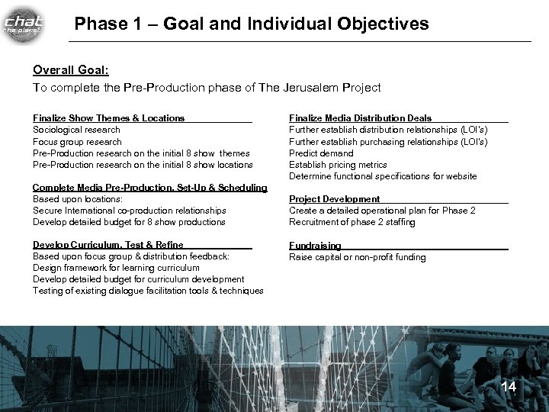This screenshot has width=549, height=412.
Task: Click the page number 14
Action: pos(509,387)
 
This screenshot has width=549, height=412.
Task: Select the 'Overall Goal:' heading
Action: pos(70,69)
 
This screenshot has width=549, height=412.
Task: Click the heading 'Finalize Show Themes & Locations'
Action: pos(108,118)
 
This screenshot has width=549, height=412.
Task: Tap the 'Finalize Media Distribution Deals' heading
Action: pos(360,118)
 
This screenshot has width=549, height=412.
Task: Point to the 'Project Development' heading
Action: pos(334,199)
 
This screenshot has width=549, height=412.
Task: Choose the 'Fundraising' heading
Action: pos(315,246)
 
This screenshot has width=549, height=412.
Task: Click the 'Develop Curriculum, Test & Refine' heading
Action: pos(108,245)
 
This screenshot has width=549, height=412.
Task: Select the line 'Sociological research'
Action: pos(76,130)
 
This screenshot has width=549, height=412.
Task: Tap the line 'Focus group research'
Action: pos(77,141)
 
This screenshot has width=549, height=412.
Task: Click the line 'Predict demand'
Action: pos(322,153)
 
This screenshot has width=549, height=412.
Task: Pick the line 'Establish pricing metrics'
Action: pos(338,165)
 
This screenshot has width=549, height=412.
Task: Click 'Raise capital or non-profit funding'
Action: pos(357,257)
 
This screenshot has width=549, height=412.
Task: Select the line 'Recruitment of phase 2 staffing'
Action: pos(352,222)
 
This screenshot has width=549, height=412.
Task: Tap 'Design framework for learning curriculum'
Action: pos(116,268)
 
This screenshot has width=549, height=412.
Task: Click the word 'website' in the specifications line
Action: pos(461,176)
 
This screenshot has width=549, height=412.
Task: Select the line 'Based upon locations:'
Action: pos(77,199)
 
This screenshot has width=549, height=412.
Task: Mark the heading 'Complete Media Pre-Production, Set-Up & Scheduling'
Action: pos(149,188)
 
